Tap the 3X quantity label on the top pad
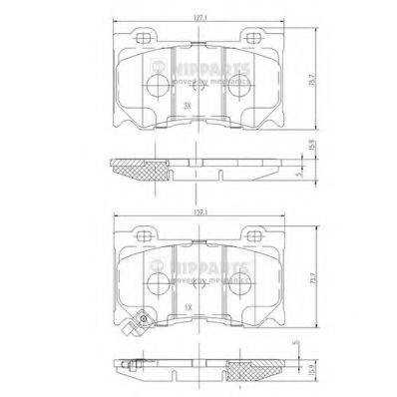[187, 104]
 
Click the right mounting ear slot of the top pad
[256, 38]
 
